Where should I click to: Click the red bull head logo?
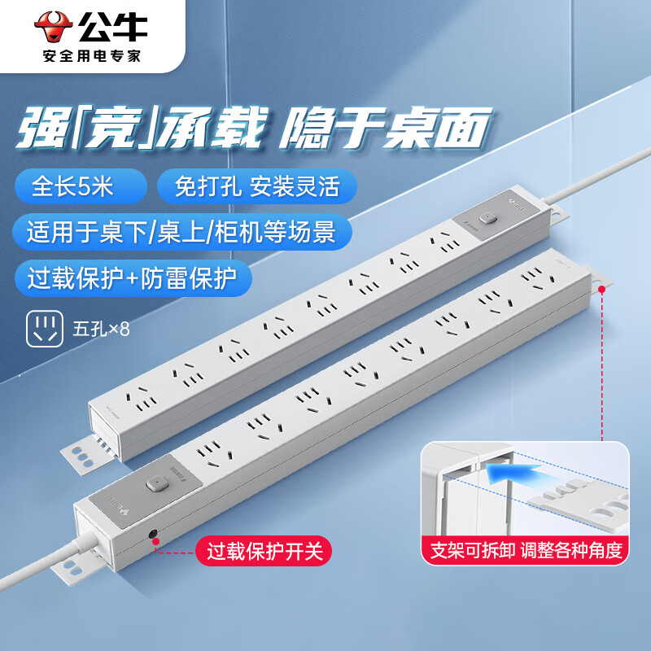click(x=54, y=27)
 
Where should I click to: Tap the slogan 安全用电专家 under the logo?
click(x=92, y=55)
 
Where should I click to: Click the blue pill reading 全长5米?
click(x=81, y=186)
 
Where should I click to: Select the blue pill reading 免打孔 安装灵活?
click(x=257, y=186)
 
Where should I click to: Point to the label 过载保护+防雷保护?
click(x=133, y=277)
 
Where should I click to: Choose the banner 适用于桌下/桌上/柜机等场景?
click(x=181, y=232)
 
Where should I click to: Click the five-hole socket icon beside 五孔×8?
click(x=45, y=329)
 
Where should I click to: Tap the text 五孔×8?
click(x=101, y=330)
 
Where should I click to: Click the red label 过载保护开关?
click(x=264, y=552)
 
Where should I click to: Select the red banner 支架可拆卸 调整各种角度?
click(x=526, y=551)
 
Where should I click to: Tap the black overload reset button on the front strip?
click(x=154, y=535)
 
